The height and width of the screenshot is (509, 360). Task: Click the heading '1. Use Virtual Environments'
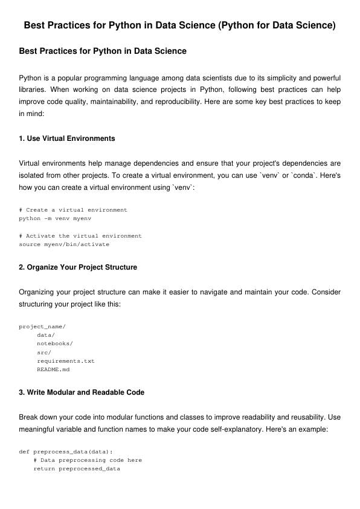[67, 138]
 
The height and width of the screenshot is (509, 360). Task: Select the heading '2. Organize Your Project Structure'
[78, 267]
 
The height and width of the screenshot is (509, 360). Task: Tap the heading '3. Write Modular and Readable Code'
[82, 392]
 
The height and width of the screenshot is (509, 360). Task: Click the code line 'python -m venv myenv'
[55, 218]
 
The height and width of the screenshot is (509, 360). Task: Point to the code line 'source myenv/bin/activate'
[64, 244]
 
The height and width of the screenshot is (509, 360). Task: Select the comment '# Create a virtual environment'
[73, 210]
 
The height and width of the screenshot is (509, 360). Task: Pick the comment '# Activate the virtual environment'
[80, 236]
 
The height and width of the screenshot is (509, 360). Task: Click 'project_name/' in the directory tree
[42, 326]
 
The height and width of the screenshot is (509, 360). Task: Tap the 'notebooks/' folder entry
[55, 343]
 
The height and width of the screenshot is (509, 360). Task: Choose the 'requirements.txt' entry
[66, 361]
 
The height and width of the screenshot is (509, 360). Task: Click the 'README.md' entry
[53, 369]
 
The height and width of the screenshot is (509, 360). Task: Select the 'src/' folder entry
[44, 352]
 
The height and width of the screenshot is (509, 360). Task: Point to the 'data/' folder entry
[46, 335]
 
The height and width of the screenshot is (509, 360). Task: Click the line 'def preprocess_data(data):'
[66, 452]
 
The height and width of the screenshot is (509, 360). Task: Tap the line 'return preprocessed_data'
[77, 468]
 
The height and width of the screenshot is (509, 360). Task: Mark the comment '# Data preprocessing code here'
[88, 460]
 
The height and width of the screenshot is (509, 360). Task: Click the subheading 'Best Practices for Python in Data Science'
[103, 51]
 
